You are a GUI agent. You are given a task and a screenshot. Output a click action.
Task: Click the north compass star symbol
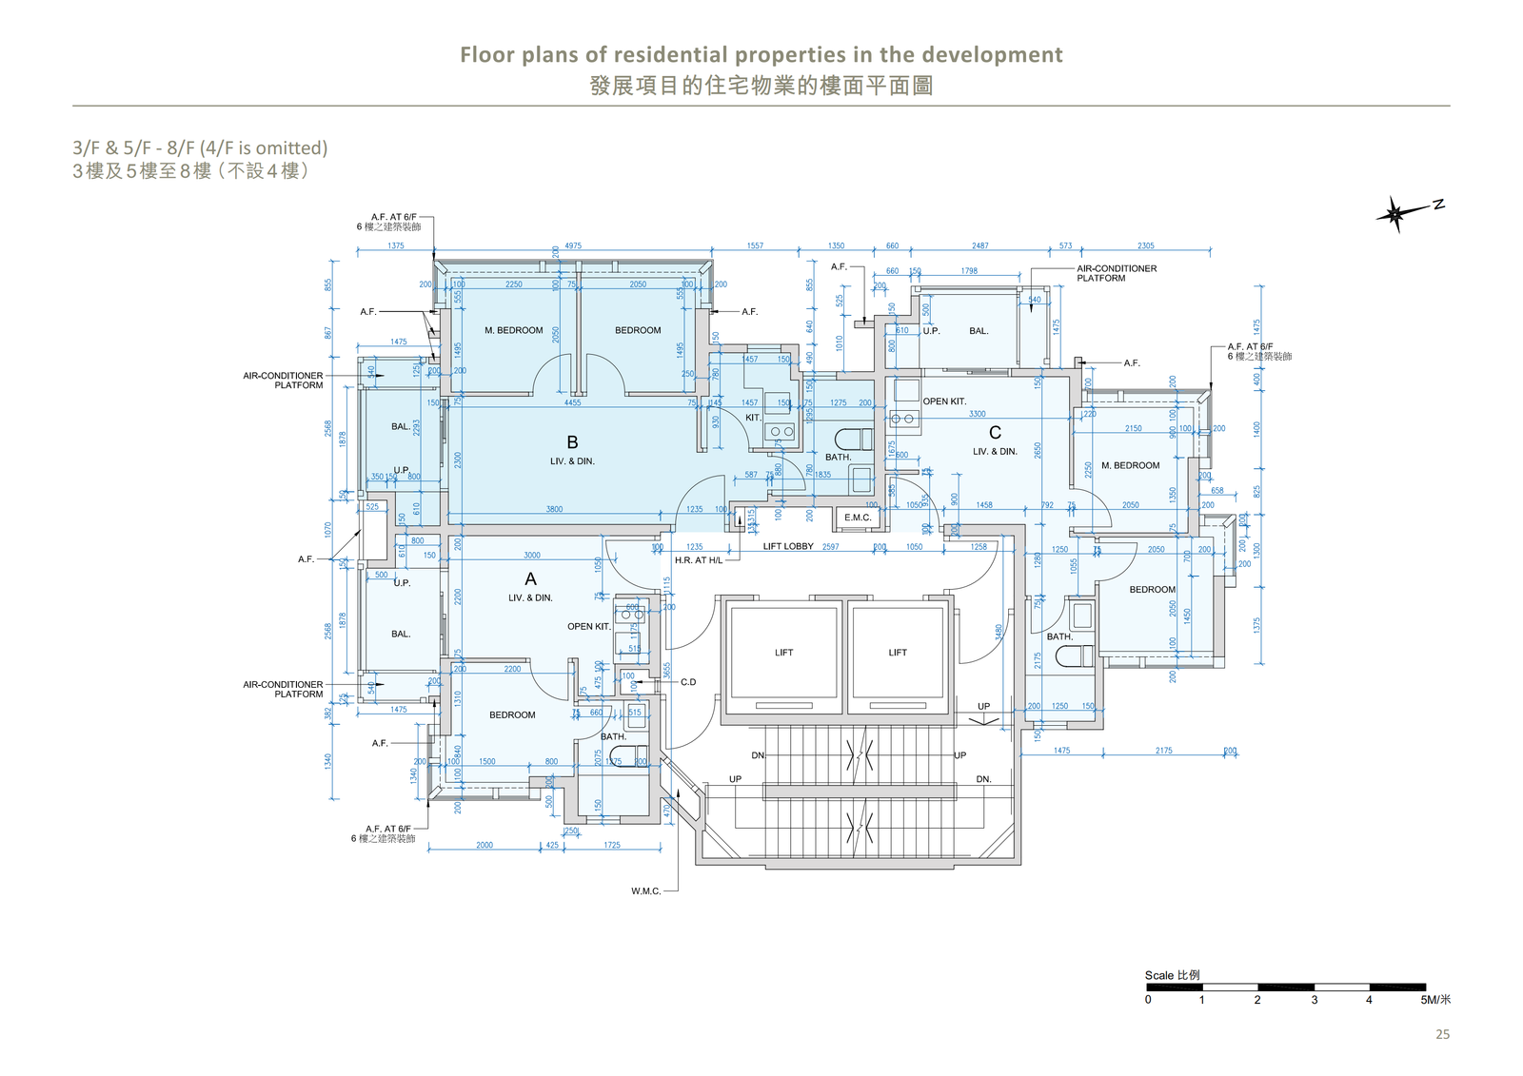tap(1395, 214)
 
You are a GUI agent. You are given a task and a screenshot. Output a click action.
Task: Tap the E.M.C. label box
tap(857, 518)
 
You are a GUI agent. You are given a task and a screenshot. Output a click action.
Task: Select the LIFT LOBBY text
tap(788, 546)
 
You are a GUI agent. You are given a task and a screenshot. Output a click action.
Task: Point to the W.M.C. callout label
tap(645, 891)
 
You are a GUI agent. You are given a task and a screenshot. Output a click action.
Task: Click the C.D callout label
tap(688, 682)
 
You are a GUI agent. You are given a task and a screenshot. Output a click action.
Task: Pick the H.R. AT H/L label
tap(699, 560)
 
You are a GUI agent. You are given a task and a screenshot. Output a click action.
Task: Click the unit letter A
tap(530, 578)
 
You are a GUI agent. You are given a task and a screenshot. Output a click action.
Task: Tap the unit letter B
tap(572, 442)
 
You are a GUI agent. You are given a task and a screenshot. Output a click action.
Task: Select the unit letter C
tap(995, 433)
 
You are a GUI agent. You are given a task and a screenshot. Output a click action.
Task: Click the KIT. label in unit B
tap(753, 418)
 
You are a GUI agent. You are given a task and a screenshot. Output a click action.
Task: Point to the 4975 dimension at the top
tap(573, 245)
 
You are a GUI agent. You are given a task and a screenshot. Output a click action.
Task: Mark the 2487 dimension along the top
tap(980, 245)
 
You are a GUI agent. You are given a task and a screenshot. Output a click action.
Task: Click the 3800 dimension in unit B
tap(554, 509)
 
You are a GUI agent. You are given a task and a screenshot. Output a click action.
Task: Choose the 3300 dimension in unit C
tap(978, 414)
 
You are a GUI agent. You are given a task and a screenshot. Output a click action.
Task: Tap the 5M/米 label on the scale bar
tap(1435, 1000)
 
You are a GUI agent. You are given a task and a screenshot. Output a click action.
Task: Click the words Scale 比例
tap(1172, 975)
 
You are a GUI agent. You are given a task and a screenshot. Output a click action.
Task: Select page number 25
tap(1442, 1034)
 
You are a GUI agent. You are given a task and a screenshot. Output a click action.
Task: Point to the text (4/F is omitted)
tap(264, 148)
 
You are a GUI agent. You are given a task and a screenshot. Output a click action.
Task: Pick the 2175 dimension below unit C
tap(1164, 751)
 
